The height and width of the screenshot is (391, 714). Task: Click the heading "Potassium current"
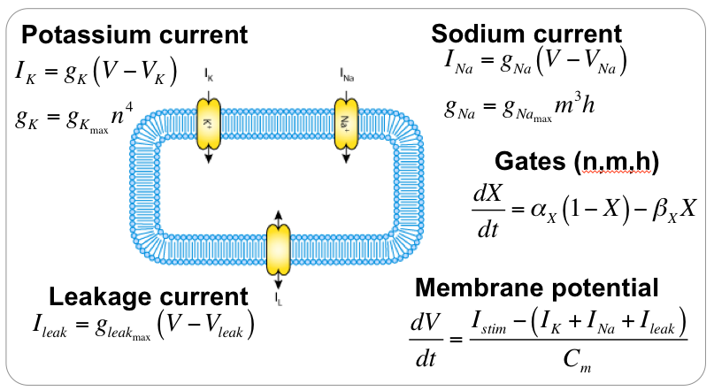tap(134, 36)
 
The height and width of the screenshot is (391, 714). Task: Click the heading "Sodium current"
tap(526, 34)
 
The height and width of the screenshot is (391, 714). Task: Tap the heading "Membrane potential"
tap(537, 287)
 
